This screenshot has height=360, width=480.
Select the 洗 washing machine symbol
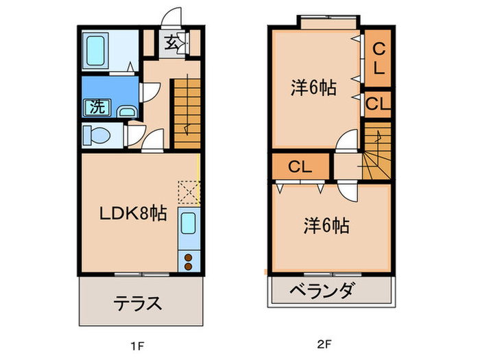(x=95, y=106)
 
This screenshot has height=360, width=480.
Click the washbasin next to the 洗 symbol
(x=126, y=110)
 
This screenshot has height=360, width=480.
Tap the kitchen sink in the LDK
(x=187, y=224)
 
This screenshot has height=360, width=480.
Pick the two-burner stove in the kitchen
(x=187, y=260)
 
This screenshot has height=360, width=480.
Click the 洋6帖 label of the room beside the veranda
(x=327, y=225)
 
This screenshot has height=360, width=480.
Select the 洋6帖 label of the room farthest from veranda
(x=313, y=88)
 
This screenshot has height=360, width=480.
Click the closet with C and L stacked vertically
(x=378, y=58)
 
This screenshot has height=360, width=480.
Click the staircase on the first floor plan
(x=185, y=112)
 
